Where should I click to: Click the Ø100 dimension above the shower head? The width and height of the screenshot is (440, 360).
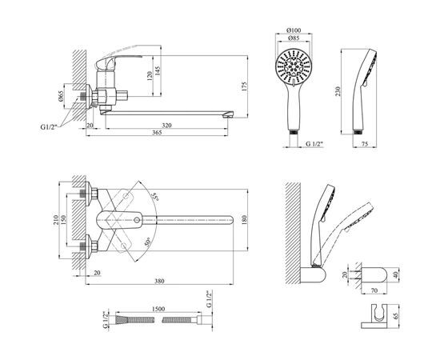pos(294,30)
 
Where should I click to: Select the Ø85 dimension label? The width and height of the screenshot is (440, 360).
pos(294,38)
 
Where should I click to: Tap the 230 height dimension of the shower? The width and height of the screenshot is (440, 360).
pos(338,91)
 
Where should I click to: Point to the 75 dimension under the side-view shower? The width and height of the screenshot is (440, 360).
pos(365,144)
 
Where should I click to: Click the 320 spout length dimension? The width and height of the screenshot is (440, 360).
pos(166,126)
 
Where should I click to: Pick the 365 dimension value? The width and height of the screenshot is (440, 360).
pos(157,133)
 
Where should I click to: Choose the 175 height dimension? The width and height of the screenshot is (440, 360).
pos(244,86)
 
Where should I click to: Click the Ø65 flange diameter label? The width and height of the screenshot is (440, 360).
pos(61,96)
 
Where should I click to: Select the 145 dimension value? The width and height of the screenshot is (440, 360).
pos(157,71)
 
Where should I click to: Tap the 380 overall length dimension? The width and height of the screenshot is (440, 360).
pos(159,281)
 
